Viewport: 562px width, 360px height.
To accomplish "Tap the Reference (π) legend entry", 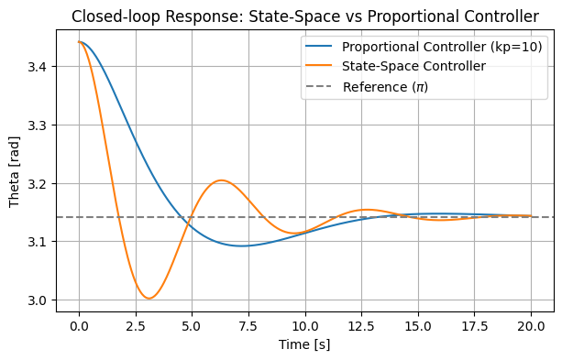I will point(384,87).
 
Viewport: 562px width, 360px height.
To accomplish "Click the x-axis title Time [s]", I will point(304,344).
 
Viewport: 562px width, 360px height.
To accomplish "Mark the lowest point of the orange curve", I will point(149,299).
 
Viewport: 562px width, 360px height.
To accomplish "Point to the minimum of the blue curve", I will point(242,245).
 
